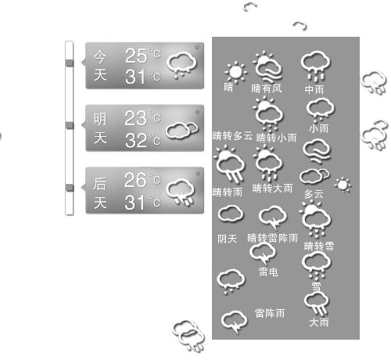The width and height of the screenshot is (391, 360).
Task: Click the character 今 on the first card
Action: click(100, 56)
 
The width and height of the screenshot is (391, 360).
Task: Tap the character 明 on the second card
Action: click(100, 119)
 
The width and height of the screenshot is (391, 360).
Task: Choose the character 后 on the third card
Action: click(100, 184)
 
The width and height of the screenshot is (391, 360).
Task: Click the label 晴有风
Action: click(266, 88)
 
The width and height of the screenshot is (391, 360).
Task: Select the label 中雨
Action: click(314, 89)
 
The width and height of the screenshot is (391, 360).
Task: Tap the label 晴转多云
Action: click(232, 135)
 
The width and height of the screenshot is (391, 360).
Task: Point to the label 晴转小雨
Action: click(276, 138)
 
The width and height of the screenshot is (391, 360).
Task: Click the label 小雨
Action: click(318, 128)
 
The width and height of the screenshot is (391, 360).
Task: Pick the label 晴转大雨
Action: click(272, 188)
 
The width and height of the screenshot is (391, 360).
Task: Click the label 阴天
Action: click(227, 239)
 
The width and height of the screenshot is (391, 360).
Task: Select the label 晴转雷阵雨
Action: click(272, 238)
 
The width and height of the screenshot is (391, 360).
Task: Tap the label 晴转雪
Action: click(319, 246)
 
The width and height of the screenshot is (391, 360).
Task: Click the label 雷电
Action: click(268, 272)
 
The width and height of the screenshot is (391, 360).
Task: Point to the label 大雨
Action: click(318, 322)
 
